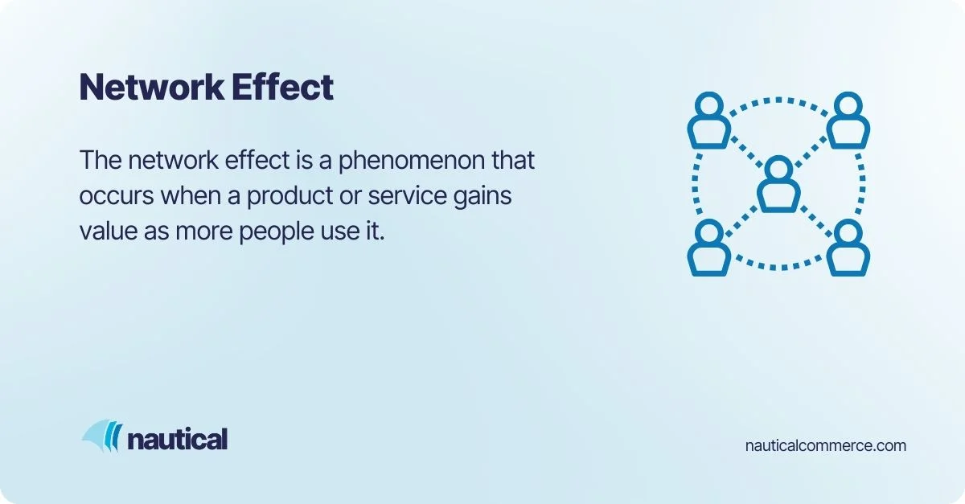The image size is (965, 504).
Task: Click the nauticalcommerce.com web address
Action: [826, 445]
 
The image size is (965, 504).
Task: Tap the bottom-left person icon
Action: [708, 248]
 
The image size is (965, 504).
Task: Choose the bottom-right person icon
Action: [848, 248]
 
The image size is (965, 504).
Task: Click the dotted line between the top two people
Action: [778, 100]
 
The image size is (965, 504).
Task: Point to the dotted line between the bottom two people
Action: [778, 266]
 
